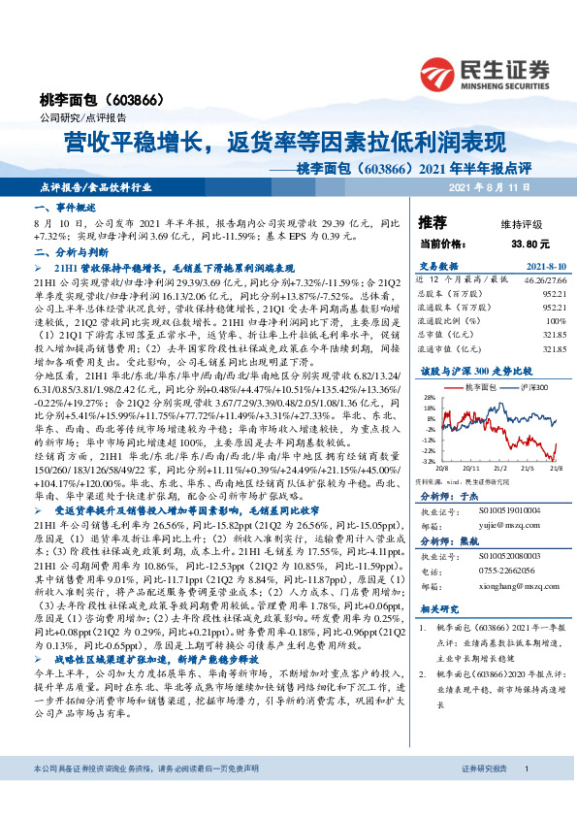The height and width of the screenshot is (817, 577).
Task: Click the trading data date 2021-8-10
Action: point(545,264)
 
